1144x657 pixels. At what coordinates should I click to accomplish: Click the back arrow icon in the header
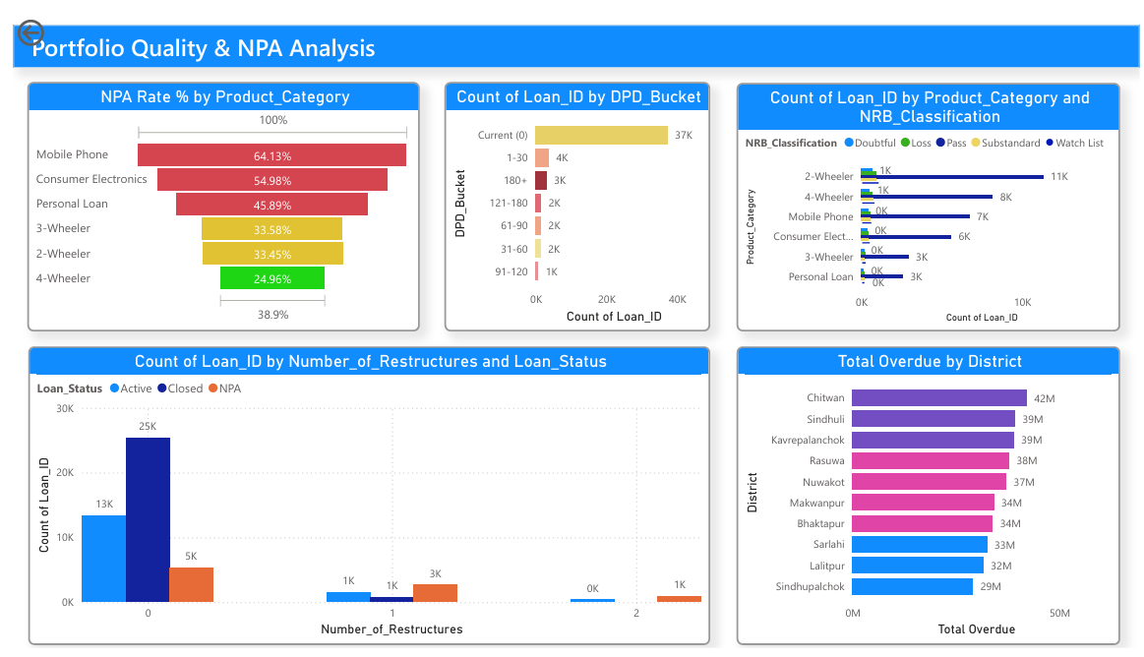tap(30, 32)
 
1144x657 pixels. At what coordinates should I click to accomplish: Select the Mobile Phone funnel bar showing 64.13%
tap(271, 155)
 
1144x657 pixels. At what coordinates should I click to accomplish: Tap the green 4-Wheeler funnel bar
tap(272, 277)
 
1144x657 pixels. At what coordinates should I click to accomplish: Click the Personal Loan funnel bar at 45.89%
tap(271, 205)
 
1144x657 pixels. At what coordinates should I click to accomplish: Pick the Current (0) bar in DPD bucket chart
tap(601, 135)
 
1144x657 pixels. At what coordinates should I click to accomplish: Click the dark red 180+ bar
tap(541, 180)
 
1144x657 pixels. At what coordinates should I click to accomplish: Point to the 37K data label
tap(684, 135)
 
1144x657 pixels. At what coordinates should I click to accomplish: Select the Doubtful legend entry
tap(870, 143)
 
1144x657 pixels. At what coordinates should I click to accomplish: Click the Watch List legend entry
tap(1075, 143)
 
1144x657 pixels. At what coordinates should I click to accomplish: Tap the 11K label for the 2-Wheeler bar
tap(1059, 176)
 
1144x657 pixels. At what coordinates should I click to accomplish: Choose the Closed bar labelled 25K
tap(148, 520)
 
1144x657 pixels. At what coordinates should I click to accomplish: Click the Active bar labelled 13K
tap(103, 559)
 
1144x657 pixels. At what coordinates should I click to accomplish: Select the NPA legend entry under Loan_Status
tap(224, 388)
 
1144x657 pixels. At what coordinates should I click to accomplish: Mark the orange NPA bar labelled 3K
tap(435, 593)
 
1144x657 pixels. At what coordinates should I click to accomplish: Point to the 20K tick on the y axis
tap(65, 472)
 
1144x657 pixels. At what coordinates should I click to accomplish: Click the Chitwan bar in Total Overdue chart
tap(939, 397)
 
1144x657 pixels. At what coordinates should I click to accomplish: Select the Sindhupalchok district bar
tap(912, 586)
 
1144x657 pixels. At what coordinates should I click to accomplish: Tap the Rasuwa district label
tap(826, 461)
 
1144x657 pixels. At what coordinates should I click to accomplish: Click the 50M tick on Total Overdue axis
tap(1059, 614)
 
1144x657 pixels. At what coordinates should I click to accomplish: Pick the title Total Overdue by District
tap(930, 361)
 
